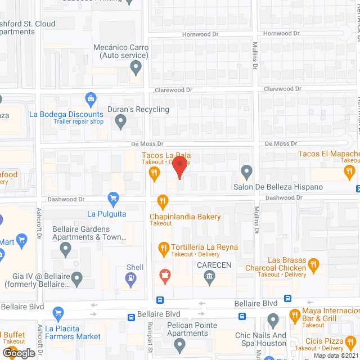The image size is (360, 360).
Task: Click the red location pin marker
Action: [x=179, y=167]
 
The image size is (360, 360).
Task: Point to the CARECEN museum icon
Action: [x=209, y=276]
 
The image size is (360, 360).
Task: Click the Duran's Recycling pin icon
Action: [x=120, y=121]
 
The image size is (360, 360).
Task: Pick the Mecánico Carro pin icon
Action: [x=135, y=69]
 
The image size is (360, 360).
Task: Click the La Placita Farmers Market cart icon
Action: [x=58, y=313]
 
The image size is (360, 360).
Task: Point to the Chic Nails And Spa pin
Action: [x=273, y=321]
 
